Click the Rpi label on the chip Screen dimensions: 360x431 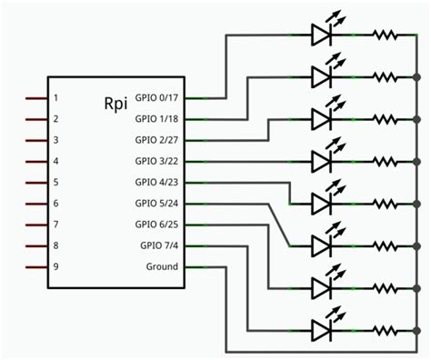pyautogui.click(x=115, y=103)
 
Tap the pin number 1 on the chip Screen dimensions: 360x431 pyautogui.click(x=56, y=97)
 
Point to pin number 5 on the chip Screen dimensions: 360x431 pyautogui.click(x=56, y=182)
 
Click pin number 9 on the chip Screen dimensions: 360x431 pyautogui.click(x=56, y=266)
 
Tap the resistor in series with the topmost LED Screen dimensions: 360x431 pyautogui.click(x=383, y=35)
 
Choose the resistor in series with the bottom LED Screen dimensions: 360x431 pyautogui.click(x=383, y=329)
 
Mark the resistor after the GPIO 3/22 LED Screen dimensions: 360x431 pyautogui.click(x=383, y=161)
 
